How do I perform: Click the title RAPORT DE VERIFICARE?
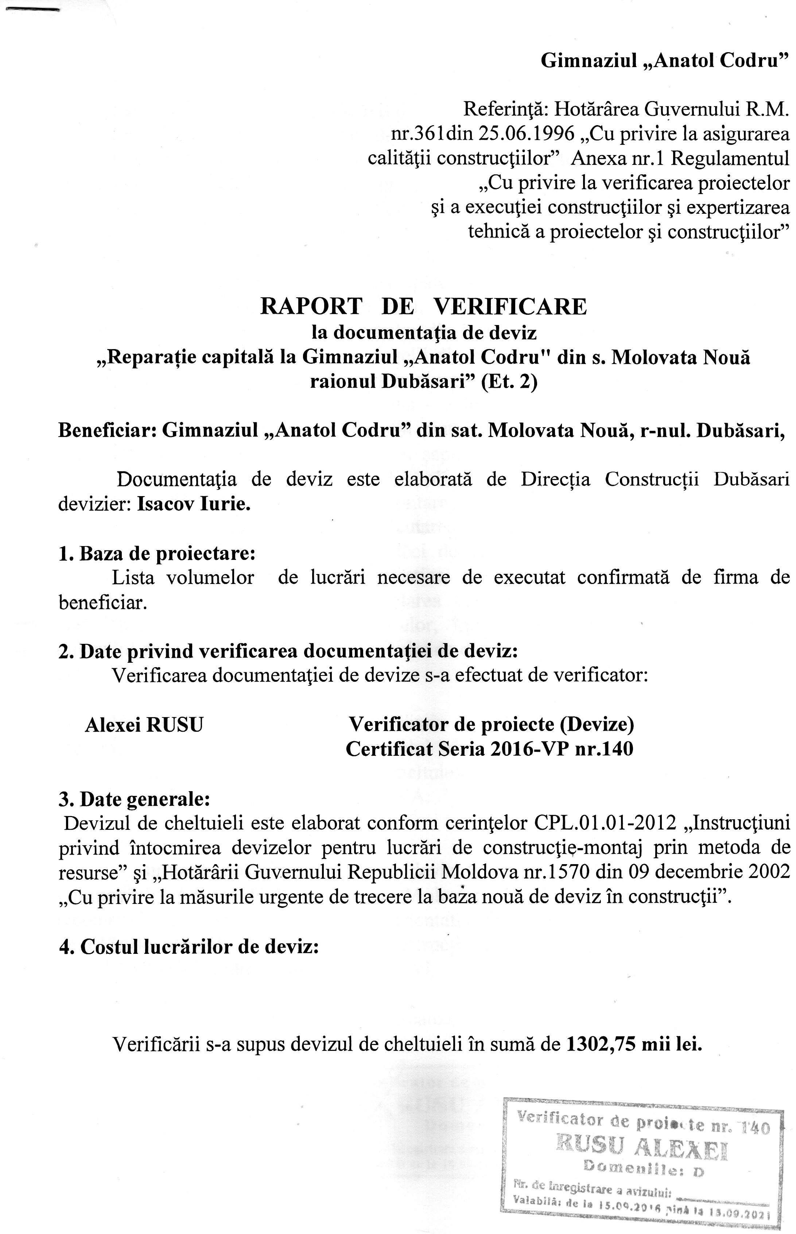point(423,306)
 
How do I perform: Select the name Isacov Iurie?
point(194,504)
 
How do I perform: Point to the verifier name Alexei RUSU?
point(144,725)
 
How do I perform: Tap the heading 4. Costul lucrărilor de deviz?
point(188,947)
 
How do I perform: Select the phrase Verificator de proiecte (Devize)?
point(491,724)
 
